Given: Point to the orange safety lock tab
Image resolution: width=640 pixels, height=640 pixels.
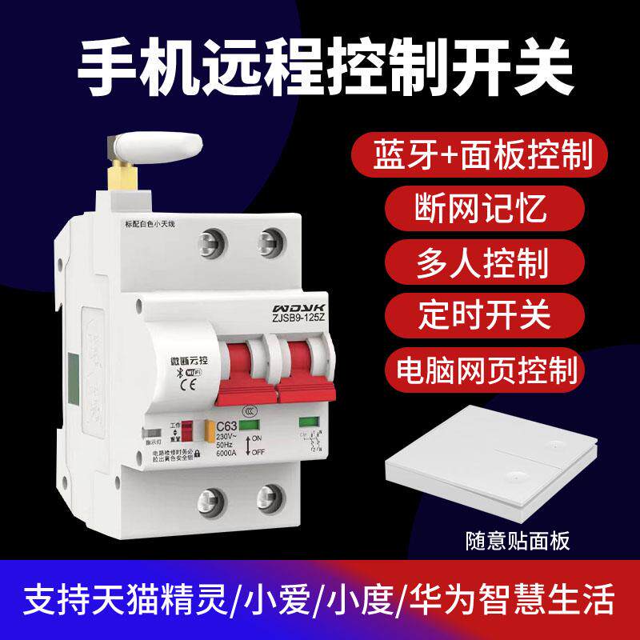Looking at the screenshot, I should (210, 433).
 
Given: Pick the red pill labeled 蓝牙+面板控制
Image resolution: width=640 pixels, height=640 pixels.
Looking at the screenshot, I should (482, 155).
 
